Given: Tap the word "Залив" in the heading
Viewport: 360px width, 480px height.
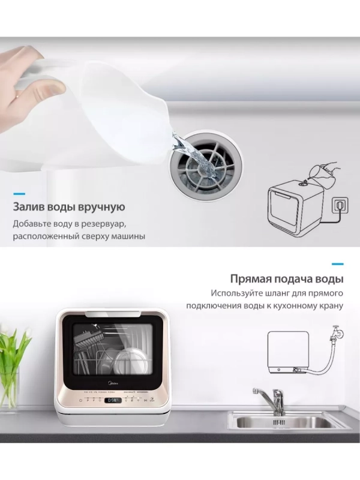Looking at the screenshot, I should pyautogui.click(x=27, y=208).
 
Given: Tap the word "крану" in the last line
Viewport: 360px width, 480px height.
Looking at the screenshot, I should pyautogui.click(x=329, y=307).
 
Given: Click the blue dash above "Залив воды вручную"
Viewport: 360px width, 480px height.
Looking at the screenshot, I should pyautogui.click(x=19, y=194).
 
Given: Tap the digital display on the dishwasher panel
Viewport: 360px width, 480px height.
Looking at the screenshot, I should pyautogui.click(x=112, y=401).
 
